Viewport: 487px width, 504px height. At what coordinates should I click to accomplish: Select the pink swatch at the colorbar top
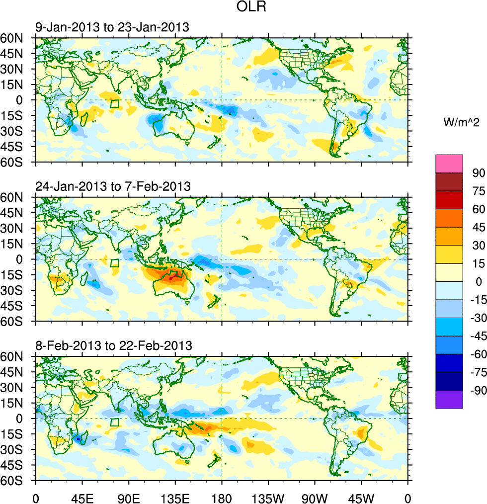449,164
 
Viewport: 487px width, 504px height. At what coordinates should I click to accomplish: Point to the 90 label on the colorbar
479,173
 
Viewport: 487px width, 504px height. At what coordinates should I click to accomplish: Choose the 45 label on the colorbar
479,227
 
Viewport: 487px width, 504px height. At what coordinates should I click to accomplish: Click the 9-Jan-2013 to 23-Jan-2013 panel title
112,27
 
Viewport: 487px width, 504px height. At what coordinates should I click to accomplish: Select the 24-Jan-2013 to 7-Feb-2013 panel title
113,186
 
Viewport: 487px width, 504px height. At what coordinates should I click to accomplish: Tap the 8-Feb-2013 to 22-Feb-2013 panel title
113,345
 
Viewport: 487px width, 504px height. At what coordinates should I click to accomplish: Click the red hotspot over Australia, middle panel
171,278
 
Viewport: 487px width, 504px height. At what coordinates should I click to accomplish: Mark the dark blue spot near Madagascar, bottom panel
77,438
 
